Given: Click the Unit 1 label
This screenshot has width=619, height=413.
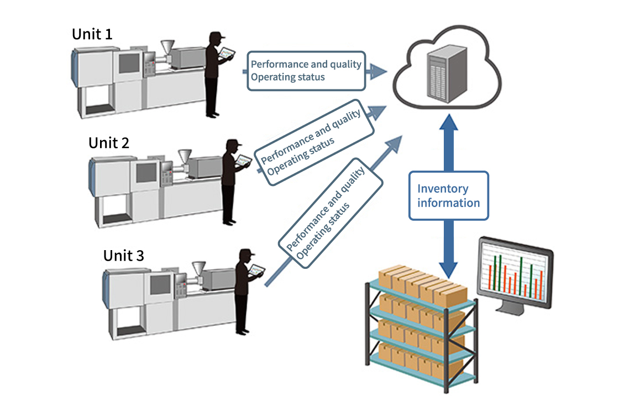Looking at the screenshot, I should tap(92, 34).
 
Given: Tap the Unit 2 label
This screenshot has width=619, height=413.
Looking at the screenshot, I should tap(109, 142).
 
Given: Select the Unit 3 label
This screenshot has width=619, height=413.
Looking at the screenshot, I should tap(124, 256).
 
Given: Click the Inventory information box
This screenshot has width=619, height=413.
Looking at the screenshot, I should tap(448, 196).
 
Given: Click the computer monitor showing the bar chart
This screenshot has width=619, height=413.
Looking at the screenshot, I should tap(515, 273).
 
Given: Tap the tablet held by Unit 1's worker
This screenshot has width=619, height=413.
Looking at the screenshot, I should tap(227, 54).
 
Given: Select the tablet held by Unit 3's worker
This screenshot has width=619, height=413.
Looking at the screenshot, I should tap(256, 271).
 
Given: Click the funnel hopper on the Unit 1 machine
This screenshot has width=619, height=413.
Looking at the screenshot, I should tap(167, 48).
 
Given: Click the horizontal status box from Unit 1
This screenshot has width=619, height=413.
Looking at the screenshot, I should tap(306, 71).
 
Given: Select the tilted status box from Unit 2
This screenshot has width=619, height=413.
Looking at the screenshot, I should tap(313, 142).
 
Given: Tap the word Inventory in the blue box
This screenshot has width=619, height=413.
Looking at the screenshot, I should tap(443, 189).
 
